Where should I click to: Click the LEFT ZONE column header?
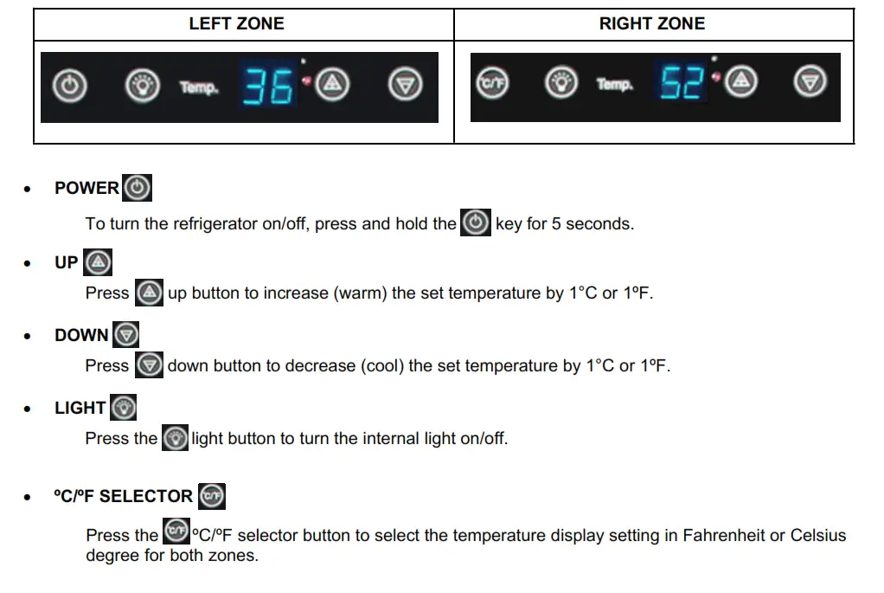pyautogui.click(x=236, y=24)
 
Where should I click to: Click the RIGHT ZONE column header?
pyautogui.click(x=652, y=24)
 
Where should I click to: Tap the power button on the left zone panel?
pyautogui.click(x=71, y=86)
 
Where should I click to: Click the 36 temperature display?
pyautogui.click(x=268, y=86)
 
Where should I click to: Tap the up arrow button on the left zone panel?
pyautogui.click(x=333, y=85)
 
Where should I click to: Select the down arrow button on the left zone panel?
pyautogui.click(x=405, y=85)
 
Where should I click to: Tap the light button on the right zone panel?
pyautogui.click(x=561, y=83)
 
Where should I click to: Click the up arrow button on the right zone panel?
pyautogui.click(x=740, y=82)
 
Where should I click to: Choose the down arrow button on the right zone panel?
pyautogui.click(x=810, y=82)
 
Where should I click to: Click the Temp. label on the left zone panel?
pyautogui.click(x=199, y=87)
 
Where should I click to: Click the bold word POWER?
pyautogui.click(x=86, y=188)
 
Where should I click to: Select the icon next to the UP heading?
pyautogui.click(x=99, y=262)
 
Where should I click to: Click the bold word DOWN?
pyautogui.click(x=81, y=335)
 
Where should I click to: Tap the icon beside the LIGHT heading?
pyautogui.click(x=124, y=408)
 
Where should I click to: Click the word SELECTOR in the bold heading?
pyautogui.click(x=146, y=496)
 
